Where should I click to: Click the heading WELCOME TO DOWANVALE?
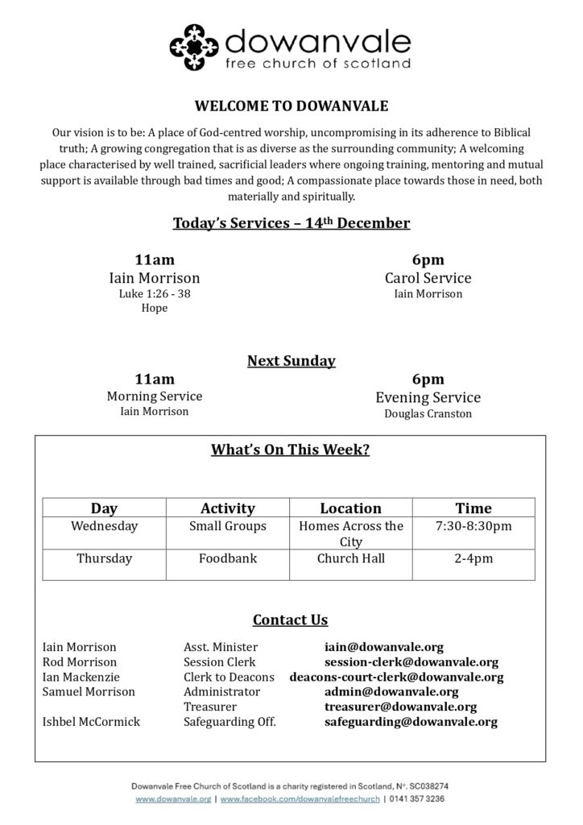coord(291,106)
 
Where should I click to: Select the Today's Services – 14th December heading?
coord(291,222)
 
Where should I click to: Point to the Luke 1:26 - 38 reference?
coord(154,293)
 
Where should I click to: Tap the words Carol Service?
coord(428,278)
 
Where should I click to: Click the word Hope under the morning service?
coord(154,308)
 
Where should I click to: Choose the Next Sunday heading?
coord(291,360)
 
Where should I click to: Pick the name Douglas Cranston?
coord(428,414)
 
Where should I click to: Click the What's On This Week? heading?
coord(291,450)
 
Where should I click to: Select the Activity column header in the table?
coord(228,508)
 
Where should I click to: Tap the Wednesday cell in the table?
coord(105,526)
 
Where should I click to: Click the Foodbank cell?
coord(228,558)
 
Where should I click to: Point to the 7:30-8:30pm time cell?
coord(473,526)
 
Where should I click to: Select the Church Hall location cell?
coord(351,558)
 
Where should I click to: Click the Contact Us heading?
coord(291,620)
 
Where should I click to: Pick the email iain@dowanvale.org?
coord(383,647)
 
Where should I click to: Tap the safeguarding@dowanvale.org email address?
coord(411,722)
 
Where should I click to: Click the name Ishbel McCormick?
coord(91,722)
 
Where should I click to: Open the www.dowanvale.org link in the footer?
coord(173,798)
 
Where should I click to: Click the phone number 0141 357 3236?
coord(417,798)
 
